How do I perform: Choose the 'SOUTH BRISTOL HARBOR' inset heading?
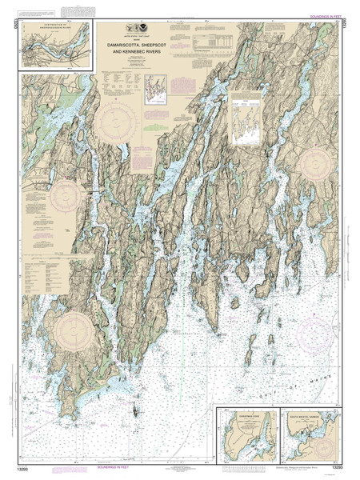click(307, 414)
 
